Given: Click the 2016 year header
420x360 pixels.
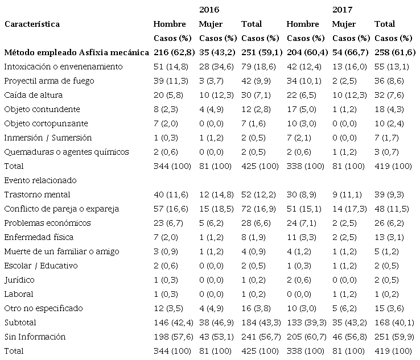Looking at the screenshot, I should tap(209, 10).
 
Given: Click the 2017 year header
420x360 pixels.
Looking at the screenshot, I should tap(342, 10).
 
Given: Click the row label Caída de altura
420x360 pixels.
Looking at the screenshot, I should tap(33, 95).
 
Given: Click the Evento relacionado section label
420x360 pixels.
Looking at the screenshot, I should tap(40, 180).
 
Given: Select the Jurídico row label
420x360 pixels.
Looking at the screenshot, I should tap(19, 280).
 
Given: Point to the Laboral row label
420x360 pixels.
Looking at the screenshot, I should tap(19, 294).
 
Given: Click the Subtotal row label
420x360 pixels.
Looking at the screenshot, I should tap(20, 322).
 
